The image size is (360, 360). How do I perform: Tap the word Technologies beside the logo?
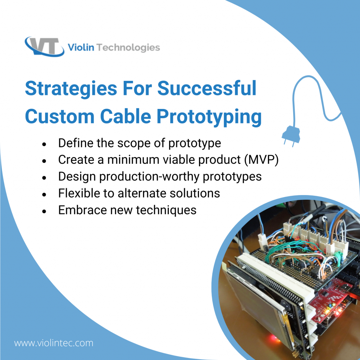pyautogui.click(x=128, y=47)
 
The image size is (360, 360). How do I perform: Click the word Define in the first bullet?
pyautogui.click(x=76, y=143)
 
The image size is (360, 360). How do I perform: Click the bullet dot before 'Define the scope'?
pyautogui.click(x=44, y=144)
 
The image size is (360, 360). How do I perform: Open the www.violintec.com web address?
pyautogui.click(x=54, y=343)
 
